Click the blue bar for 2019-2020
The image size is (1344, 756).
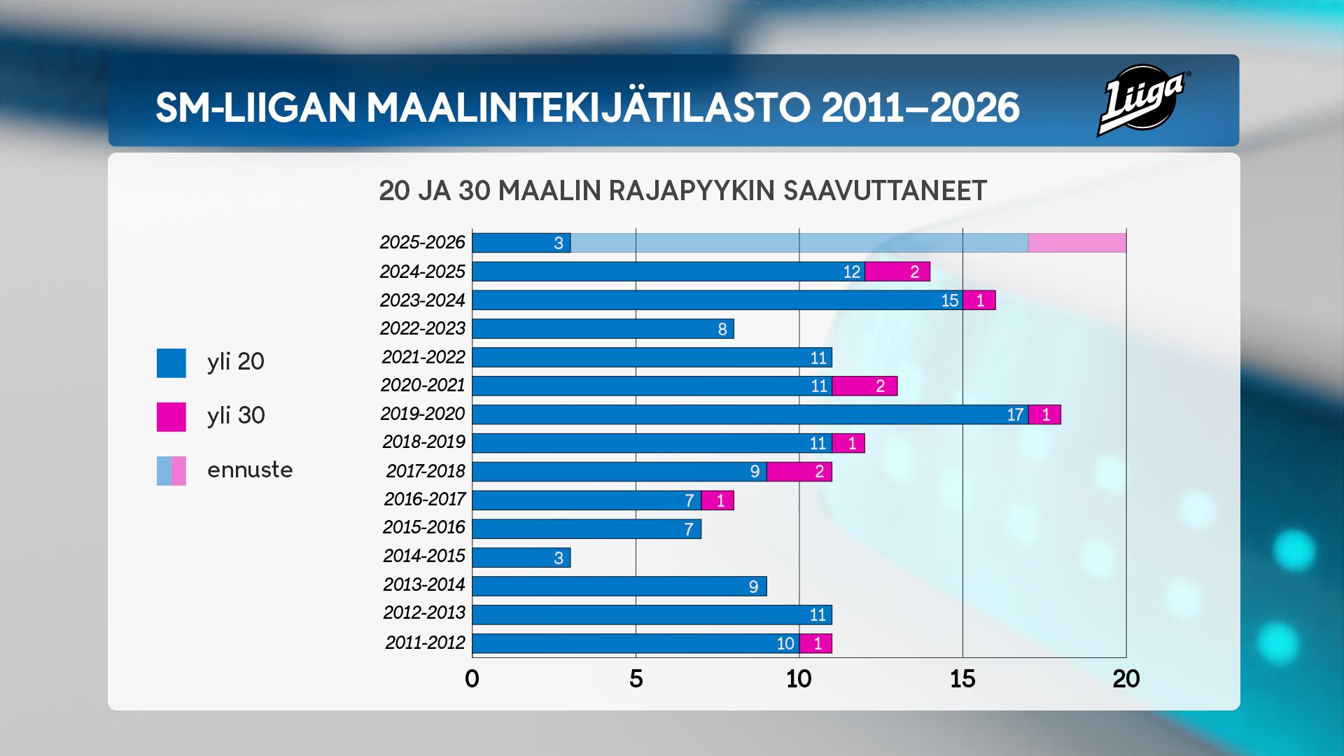click(749, 414)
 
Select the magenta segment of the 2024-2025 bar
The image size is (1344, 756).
click(897, 272)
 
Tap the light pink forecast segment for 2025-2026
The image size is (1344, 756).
click(1077, 243)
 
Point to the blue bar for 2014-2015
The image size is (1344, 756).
click(521, 558)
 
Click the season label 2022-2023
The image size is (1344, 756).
click(422, 328)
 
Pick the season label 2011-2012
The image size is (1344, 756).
click(425, 643)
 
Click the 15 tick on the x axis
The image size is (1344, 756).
click(962, 678)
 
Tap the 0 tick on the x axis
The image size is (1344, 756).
click(472, 678)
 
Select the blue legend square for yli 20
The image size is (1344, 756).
click(171, 363)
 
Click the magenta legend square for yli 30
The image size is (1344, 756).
click(171, 416)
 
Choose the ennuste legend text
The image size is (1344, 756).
click(250, 470)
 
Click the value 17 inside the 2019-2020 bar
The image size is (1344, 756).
click(1015, 414)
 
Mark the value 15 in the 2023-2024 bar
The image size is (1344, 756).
click(949, 300)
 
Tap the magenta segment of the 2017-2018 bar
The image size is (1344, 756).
click(799, 472)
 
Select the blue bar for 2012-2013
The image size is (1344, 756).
click(651, 615)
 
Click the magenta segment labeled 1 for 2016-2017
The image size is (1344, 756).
click(717, 500)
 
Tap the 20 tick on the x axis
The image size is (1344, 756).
click(1126, 678)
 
